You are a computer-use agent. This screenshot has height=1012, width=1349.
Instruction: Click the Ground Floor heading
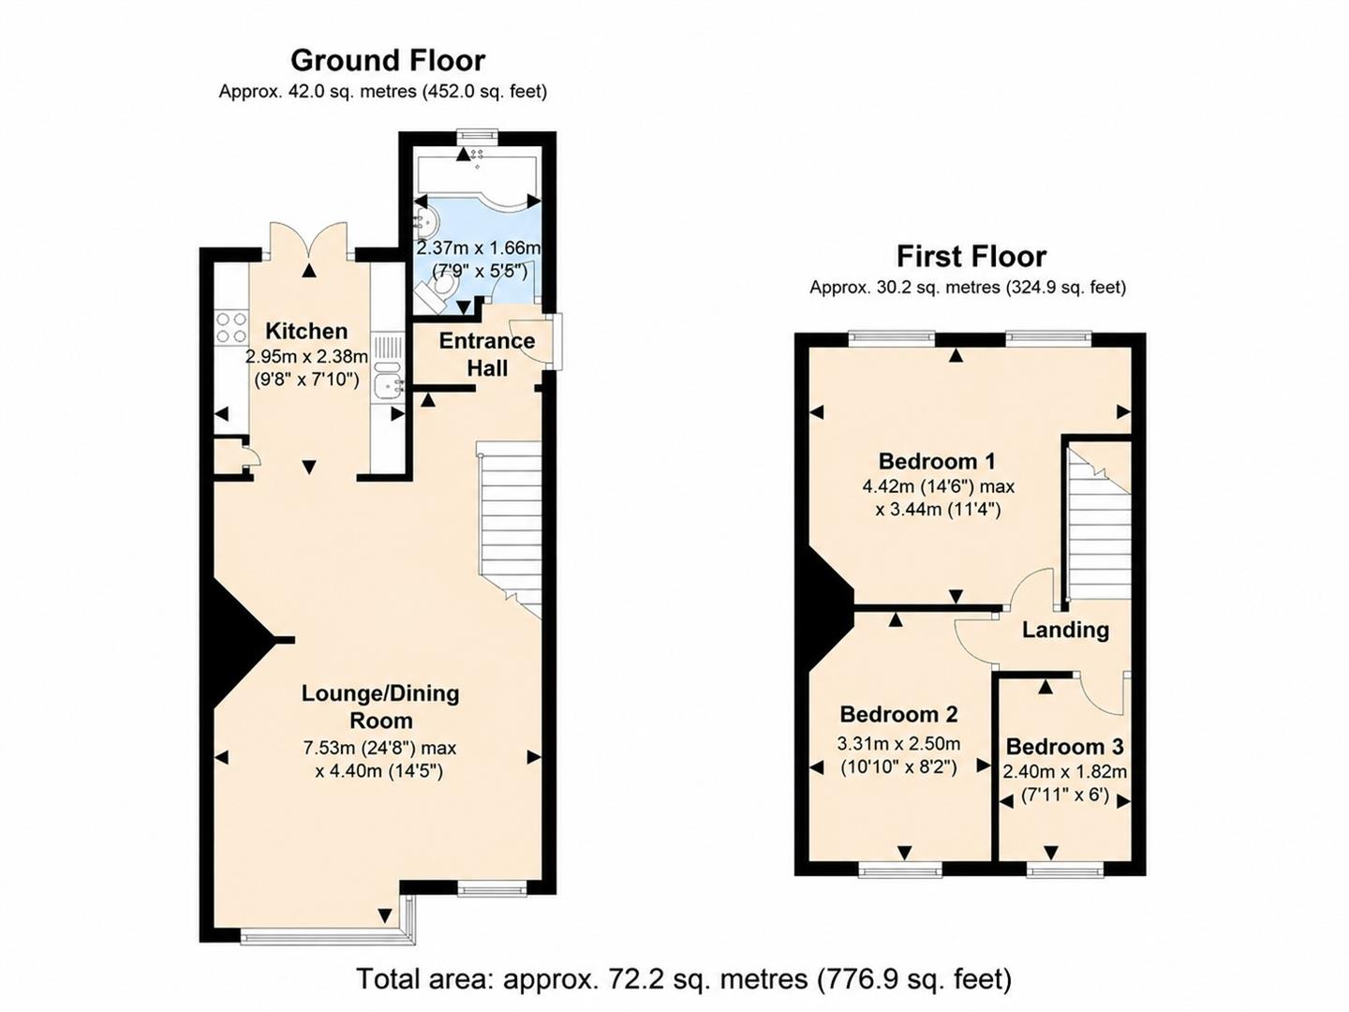pos(388,61)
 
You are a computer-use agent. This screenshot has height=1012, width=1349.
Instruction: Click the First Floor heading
pos(971,256)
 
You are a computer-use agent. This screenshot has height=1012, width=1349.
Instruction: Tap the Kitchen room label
pos(306,331)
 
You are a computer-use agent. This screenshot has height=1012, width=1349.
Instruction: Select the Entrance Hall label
pos(487,354)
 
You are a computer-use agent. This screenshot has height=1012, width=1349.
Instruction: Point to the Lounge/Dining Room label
pos(380,707)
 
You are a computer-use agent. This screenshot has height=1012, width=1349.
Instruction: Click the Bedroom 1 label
pos(938,461)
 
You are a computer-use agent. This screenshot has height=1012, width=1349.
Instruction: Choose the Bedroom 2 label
pos(898,715)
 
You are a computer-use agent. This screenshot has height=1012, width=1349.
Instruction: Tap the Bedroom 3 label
pos(1064,747)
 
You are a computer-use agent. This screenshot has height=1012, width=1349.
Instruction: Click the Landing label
pos(1065,630)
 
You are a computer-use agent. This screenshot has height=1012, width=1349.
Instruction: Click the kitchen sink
pos(388,377)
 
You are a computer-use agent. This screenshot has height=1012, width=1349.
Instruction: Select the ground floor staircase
pos(510,529)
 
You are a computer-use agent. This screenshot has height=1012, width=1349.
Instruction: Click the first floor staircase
pos(1099,522)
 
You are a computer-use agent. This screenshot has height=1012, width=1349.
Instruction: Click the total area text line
pos(684,979)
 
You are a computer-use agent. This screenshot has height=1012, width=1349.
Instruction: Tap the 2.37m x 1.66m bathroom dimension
pos(479,247)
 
